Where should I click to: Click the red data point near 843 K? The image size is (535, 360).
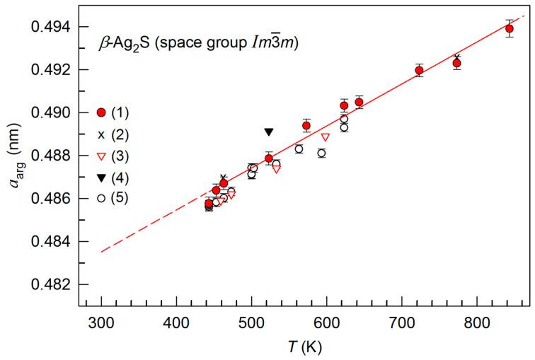pos(509,28)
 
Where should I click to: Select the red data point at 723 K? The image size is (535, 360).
pos(419,70)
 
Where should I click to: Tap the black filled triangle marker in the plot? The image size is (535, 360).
pos(269,132)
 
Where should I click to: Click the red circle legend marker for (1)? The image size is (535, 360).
pos(101,112)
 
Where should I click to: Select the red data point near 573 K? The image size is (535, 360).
pos(306,125)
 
